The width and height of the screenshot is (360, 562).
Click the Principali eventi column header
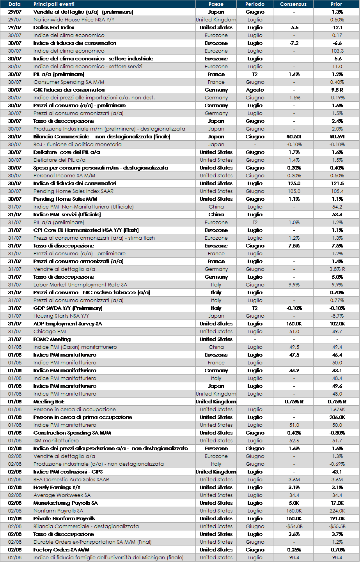pos(54,4)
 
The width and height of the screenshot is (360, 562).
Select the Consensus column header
pos(293,4)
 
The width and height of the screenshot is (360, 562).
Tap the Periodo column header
pos(255,4)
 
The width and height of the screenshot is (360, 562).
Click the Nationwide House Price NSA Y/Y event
pos(74,20)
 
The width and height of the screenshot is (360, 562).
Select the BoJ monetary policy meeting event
pos(77,145)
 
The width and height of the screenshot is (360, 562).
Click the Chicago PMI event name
pos(50,332)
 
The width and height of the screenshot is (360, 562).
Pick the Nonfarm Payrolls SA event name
pos(58,511)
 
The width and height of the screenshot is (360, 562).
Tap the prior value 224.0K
pos(337,511)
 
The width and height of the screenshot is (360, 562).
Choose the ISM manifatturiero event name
pos(56,441)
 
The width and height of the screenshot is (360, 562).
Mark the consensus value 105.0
pos(294,191)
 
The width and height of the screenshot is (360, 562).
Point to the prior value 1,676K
pos(337,410)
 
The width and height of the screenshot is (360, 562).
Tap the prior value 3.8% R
pos(337,269)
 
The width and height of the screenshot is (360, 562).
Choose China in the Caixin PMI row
pos(216,347)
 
